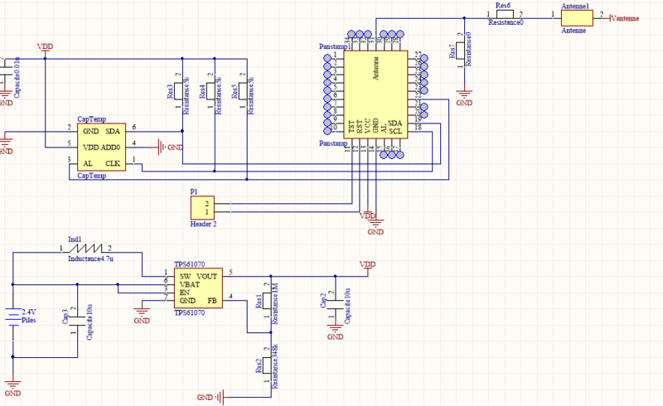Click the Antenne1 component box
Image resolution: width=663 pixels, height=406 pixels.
coord(574,17)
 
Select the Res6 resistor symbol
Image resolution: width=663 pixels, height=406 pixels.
coord(503,14)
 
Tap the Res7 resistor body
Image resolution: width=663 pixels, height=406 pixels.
coord(463,51)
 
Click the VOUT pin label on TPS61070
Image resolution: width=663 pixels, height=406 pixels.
coord(208,275)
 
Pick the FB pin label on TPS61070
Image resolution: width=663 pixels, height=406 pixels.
coord(212,300)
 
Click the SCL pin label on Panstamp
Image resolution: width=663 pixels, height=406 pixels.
coord(396,131)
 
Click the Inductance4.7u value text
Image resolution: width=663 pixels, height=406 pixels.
coord(90,259)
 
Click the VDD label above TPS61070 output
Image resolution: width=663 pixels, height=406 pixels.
coord(367,264)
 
